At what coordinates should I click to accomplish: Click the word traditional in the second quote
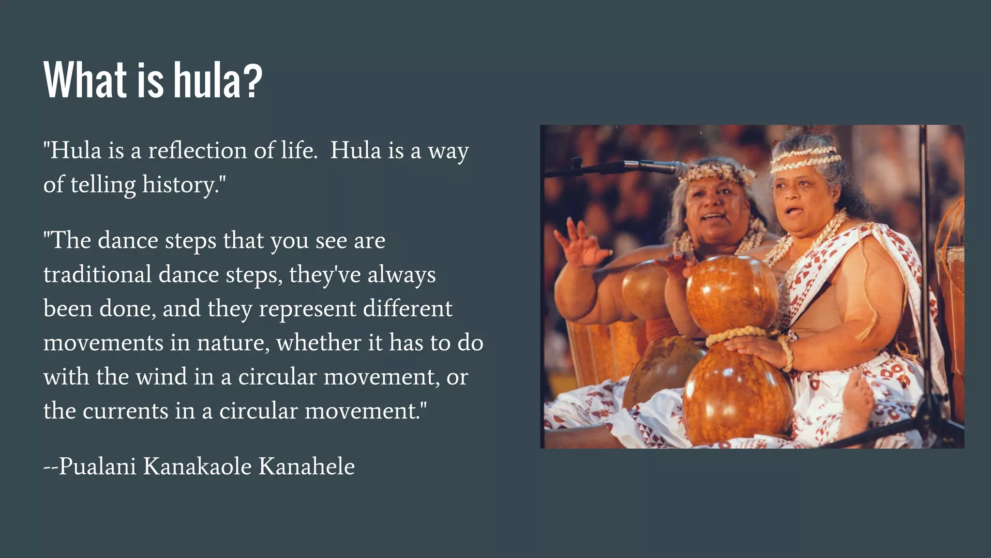click(x=97, y=275)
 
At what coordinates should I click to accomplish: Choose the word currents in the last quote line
click(x=125, y=411)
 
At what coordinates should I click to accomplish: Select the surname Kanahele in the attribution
click(x=306, y=466)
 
